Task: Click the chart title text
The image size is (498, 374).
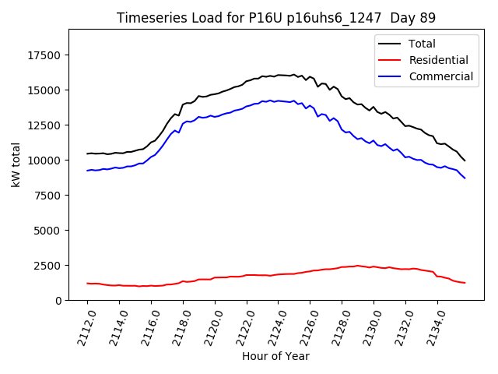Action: tap(276, 18)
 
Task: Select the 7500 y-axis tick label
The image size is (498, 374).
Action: tap(51, 196)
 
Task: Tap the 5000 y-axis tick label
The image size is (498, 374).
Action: tap(51, 231)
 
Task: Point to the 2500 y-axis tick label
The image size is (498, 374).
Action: tap(51, 266)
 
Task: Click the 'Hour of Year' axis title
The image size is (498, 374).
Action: tap(275, 357)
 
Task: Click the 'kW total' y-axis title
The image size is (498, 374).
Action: tap(16, 164)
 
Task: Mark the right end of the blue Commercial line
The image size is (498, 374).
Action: tap(465, 178)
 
